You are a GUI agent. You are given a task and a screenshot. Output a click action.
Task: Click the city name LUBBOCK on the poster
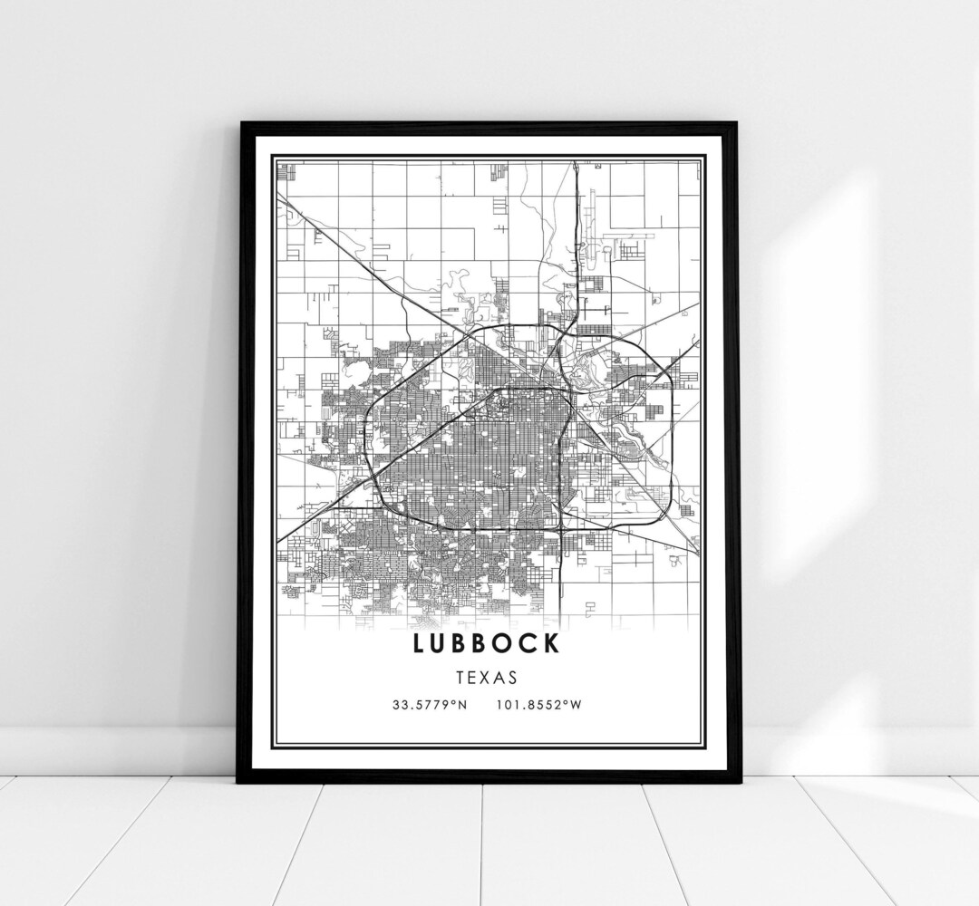coord(488,644)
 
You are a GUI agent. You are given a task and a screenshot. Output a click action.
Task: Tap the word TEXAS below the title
coord(488,677)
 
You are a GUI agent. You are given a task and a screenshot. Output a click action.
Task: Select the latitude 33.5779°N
coord(430,704)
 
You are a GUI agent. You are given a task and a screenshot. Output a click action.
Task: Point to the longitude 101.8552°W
coord(538,704)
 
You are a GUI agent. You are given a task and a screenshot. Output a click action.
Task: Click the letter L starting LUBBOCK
coord(419,644)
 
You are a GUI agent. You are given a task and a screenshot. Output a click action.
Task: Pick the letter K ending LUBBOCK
coord(554,644)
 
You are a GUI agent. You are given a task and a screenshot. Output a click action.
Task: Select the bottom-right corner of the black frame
coord(738,780)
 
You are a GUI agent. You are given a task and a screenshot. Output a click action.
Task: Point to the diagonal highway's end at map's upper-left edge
coord(278,194)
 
